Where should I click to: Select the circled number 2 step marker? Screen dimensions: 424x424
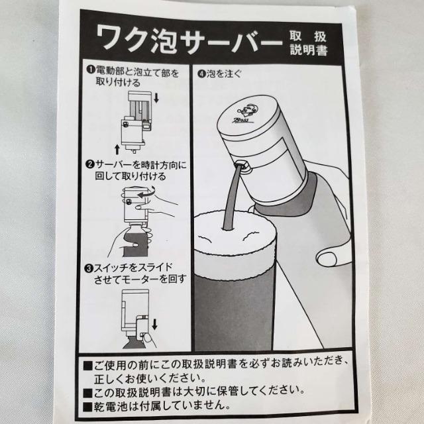pyautogui.click(x=88, y=163)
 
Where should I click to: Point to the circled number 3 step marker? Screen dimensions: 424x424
pyautogui.click(x=88, y=269)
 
